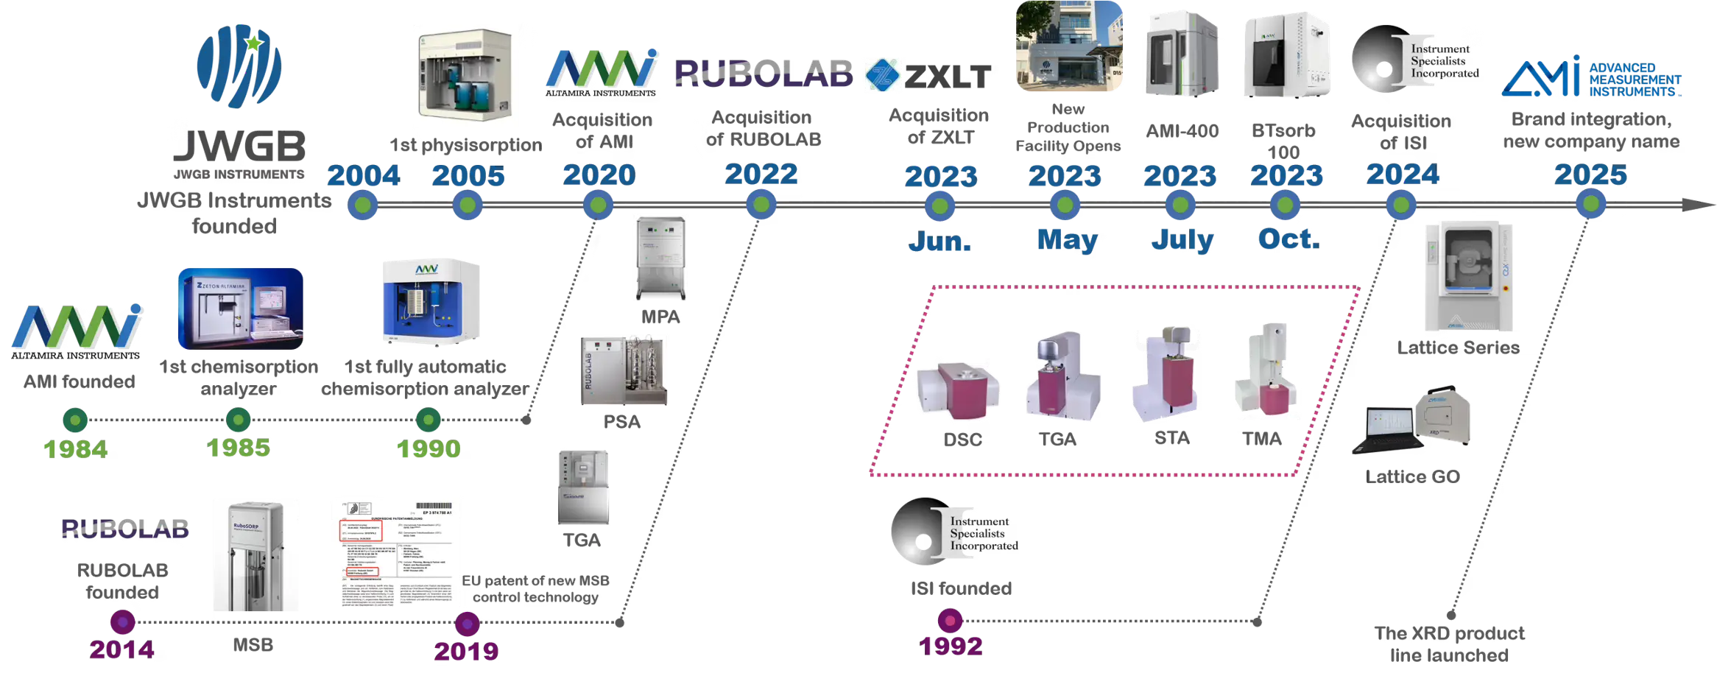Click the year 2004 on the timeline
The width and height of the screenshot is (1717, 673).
click(x=363, y=175)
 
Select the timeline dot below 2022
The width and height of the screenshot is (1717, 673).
click(x=761, y=205)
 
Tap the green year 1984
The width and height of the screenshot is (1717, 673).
click(x=75, y=448)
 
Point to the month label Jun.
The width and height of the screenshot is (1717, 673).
click(x=939, y=241)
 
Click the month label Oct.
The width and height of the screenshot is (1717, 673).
click(x=1288, y=239)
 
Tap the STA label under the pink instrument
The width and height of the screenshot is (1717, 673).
click(x=1171, y=439)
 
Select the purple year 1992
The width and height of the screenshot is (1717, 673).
click(x=951, y=646)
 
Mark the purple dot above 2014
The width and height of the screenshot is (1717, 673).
click(x=122, y=622)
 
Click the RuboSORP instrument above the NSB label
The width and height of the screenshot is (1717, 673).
click(x=256, y=554)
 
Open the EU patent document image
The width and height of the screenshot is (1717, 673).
click(x=395, y=554)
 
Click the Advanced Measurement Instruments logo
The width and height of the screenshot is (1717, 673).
click(x=1591, y=77)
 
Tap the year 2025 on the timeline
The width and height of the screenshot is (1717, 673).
click(x=1590, y=175)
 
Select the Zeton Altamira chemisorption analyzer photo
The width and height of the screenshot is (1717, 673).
click(x=241, y=309)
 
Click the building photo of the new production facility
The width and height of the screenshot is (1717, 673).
click(x=1068, y=46)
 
